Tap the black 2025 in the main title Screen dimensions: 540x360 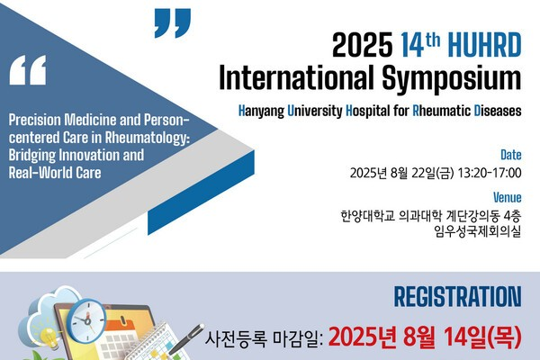coord(363,45)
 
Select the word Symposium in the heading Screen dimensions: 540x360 coord(452,79)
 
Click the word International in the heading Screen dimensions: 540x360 coord(296,76)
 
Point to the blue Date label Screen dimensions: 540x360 coord(510,155)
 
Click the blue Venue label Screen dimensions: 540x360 coord(508,197)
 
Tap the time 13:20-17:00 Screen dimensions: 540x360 coord(490,173)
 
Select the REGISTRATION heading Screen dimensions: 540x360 coord(458,297)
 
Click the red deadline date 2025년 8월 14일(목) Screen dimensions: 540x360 coord(425,337)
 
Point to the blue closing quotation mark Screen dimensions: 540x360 coord(173,23)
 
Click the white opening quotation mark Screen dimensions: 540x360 coord(28,70)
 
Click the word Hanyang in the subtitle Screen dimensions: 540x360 coord(261,112)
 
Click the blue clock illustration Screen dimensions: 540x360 coord(86,321)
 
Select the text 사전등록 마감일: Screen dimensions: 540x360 coord(264,338)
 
